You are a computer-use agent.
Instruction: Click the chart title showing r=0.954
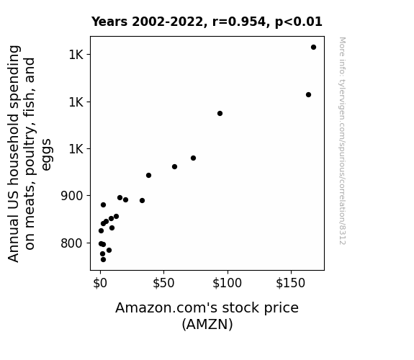(207, 22)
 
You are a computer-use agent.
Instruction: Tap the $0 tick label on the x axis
(100, 283)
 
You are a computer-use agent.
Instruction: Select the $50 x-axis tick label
(163, 283)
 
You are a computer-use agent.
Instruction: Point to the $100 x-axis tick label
(227, 283)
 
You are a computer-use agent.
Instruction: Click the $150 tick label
(290, 283)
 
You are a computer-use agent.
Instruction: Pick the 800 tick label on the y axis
(72, 243)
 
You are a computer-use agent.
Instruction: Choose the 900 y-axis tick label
(72, 196)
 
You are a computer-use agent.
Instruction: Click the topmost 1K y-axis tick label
(76, 55)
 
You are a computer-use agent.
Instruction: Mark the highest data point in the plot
(313, 48)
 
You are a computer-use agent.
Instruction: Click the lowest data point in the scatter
(103, 260)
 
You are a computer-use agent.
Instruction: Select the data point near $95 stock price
(220, 113)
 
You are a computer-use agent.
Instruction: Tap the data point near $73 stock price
(193, 158)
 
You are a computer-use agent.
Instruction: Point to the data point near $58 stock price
(174, 166)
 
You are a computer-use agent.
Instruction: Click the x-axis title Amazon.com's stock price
(207, 308)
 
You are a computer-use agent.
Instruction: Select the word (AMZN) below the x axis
(207, 324)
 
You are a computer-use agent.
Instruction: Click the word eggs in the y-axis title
(46, 155)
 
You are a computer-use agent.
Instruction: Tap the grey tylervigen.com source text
(342, 141)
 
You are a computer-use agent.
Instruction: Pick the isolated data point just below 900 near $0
(103, 204)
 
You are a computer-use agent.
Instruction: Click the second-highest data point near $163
(308, 94)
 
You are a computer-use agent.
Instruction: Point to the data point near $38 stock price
(148, 175)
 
